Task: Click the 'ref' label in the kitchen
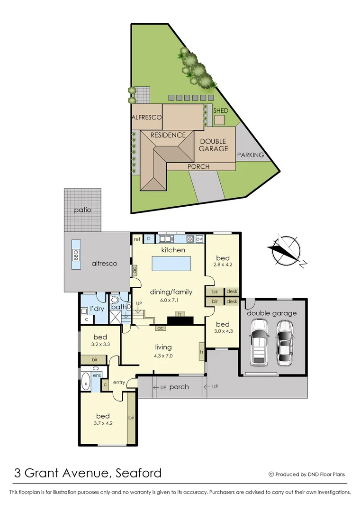coord(137,239)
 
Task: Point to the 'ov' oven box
coord(199,239)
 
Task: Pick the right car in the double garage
coord(284,343)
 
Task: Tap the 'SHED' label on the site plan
coord(220,110)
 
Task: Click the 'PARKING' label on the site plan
coord(250,155)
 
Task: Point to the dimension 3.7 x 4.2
coord(103,423)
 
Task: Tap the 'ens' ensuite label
coord(97,375)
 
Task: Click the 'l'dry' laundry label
coord(97,309)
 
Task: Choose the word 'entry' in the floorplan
coord(119,383)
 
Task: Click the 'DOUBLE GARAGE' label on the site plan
coord(213,145)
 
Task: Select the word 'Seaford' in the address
coord(138,473)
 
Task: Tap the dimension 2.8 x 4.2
coord(222,265)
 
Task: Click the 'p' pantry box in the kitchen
coord(149,239)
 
